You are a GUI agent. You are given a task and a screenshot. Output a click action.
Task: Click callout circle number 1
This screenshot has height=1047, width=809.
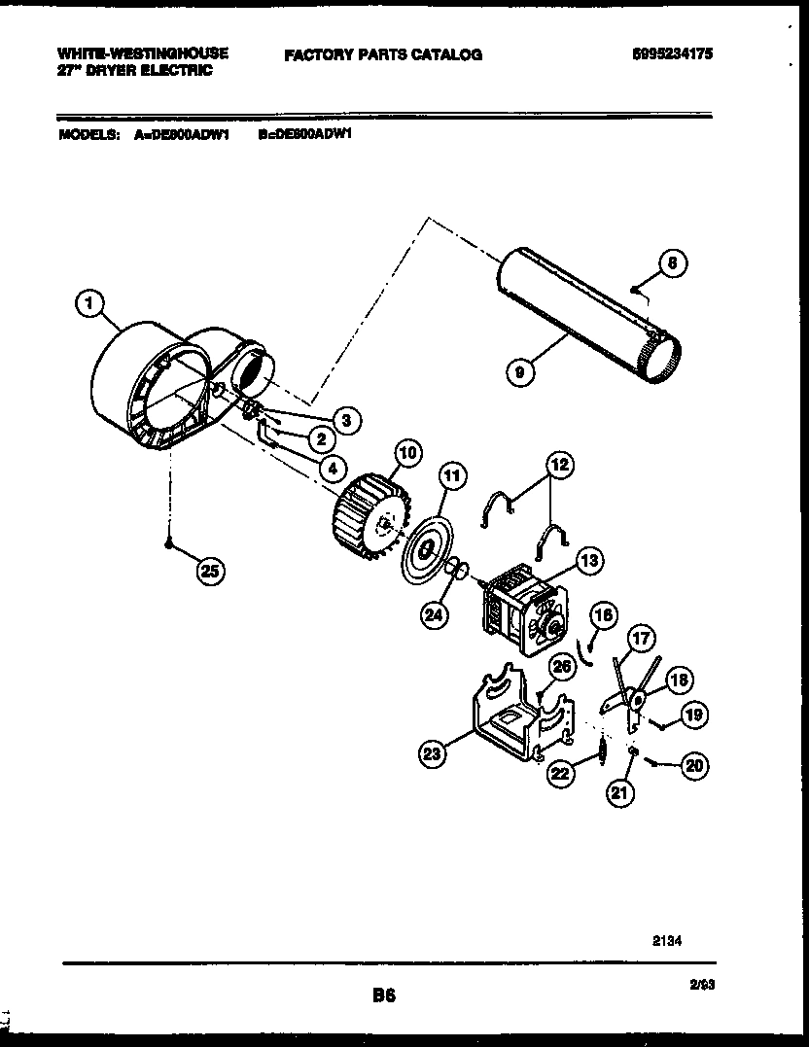click(89, 305)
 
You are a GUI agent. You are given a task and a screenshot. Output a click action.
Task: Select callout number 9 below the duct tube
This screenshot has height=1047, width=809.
click(521, 370)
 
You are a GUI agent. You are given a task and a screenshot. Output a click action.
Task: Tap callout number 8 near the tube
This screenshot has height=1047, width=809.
click(671, 262)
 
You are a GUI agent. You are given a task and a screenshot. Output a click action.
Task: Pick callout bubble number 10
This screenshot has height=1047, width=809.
click(408, 452)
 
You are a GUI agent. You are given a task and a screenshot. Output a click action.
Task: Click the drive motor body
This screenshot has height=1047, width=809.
click(520, 608)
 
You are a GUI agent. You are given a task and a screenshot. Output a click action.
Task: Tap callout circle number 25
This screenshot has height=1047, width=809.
click(207, 572)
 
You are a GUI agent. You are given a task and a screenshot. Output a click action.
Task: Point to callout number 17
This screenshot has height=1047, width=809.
click(642, 639)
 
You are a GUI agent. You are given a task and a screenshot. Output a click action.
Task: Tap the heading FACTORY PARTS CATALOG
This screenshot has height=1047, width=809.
click(383, 55)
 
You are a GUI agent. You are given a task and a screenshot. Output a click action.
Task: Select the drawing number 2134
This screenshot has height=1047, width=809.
click(665, 940)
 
